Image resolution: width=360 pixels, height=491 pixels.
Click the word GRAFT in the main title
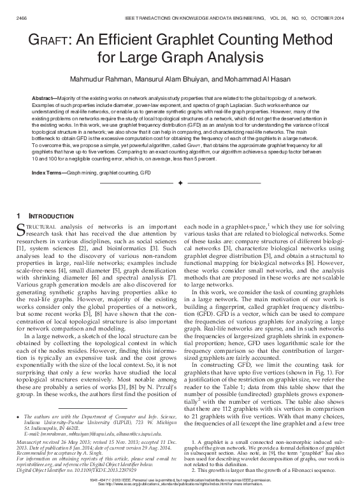pos(52,41)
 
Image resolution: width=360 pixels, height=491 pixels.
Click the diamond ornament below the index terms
pos(180,183)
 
